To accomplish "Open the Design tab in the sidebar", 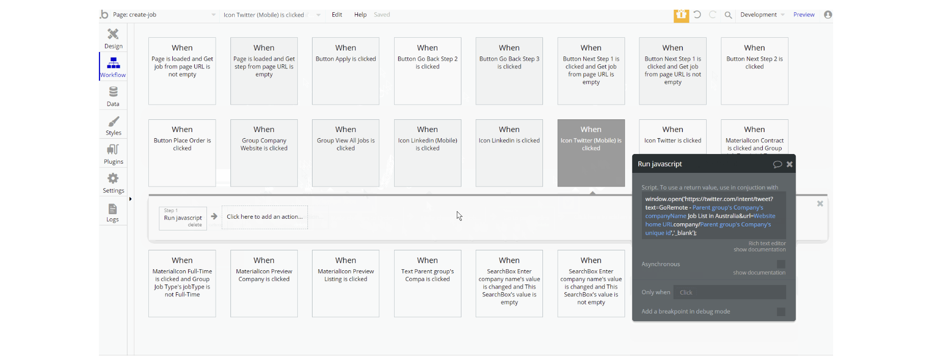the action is (x=113, y=38).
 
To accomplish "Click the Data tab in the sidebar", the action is (x=113, y=96).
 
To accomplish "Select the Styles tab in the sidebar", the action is (x=113, y=125).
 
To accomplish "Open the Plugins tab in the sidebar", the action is (x=113, y=154).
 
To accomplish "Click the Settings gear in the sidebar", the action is (x=113, y=183).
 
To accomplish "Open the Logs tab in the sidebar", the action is (x=113, y=212).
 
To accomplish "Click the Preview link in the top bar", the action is (x=804, y=15).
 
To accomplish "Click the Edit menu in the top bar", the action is (x=336, y=15).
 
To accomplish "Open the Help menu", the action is (x=360, y=15).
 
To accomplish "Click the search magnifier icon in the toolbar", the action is (x=728, y=15).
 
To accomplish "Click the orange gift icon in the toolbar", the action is (x=681, y=15).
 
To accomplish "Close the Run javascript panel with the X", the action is (x=789, y=164).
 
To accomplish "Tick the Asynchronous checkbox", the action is (x=781, y=264).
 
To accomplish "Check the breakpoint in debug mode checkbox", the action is (x=781, y=312).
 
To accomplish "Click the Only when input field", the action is (x=730, y=292).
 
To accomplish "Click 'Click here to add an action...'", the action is (x=265, y=217).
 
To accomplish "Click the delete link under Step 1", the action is (x=195, y=225).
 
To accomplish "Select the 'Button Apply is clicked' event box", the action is (x=346, y=71).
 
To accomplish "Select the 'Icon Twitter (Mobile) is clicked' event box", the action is (x=591, y=153).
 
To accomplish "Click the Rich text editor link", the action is (x=767, y=243).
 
